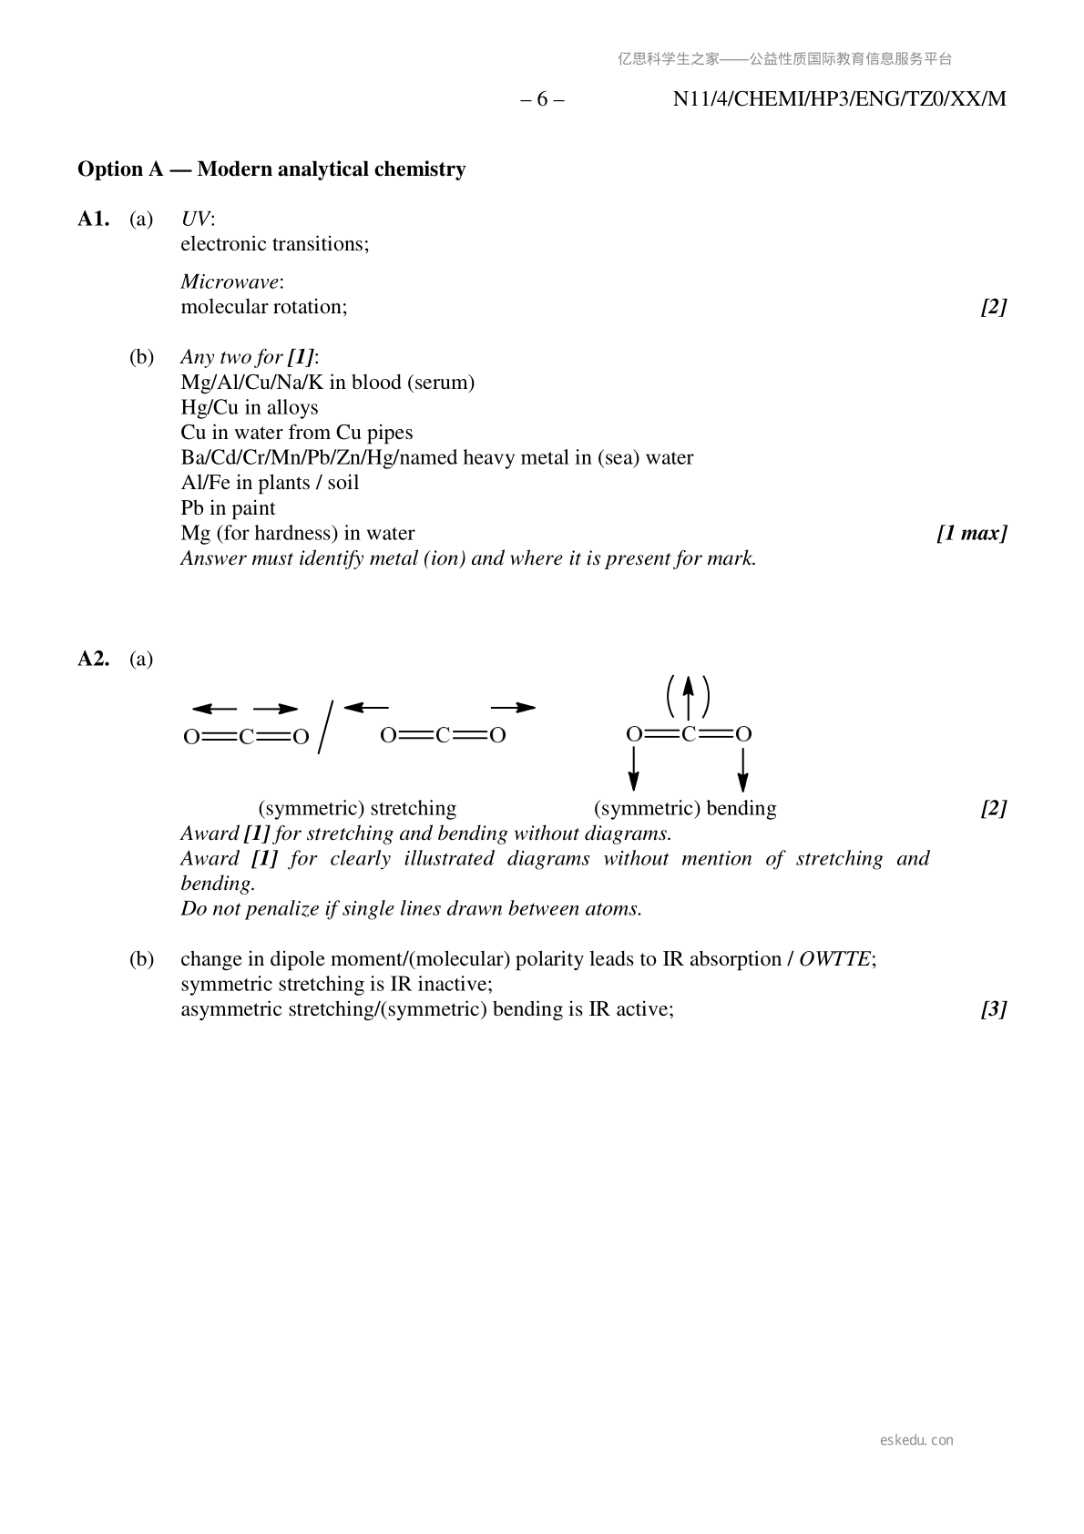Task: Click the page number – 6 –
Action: coord(542,99)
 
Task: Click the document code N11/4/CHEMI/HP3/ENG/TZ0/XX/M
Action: coord(839,99)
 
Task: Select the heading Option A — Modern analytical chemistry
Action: coord(271,169)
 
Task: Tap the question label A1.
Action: coord(94,220)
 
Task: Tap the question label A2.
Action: coord(94,660)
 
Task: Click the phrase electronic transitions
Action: coord(273,244)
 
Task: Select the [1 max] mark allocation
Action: coord(971,534)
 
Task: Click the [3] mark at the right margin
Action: coord(993,1009)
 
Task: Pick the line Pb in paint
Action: coord(228,508)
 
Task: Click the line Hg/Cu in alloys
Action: coord(250,407)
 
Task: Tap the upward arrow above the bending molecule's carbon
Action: coord(689,697)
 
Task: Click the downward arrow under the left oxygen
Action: coord(634,769)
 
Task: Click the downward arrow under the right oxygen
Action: coord(743,769)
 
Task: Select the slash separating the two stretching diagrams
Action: coord(325,727)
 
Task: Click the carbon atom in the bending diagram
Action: coord(689,734)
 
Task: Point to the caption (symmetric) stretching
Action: coord(357,809)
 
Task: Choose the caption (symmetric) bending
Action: coord(685,809)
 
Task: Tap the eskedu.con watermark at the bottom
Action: coord(916,1440)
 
